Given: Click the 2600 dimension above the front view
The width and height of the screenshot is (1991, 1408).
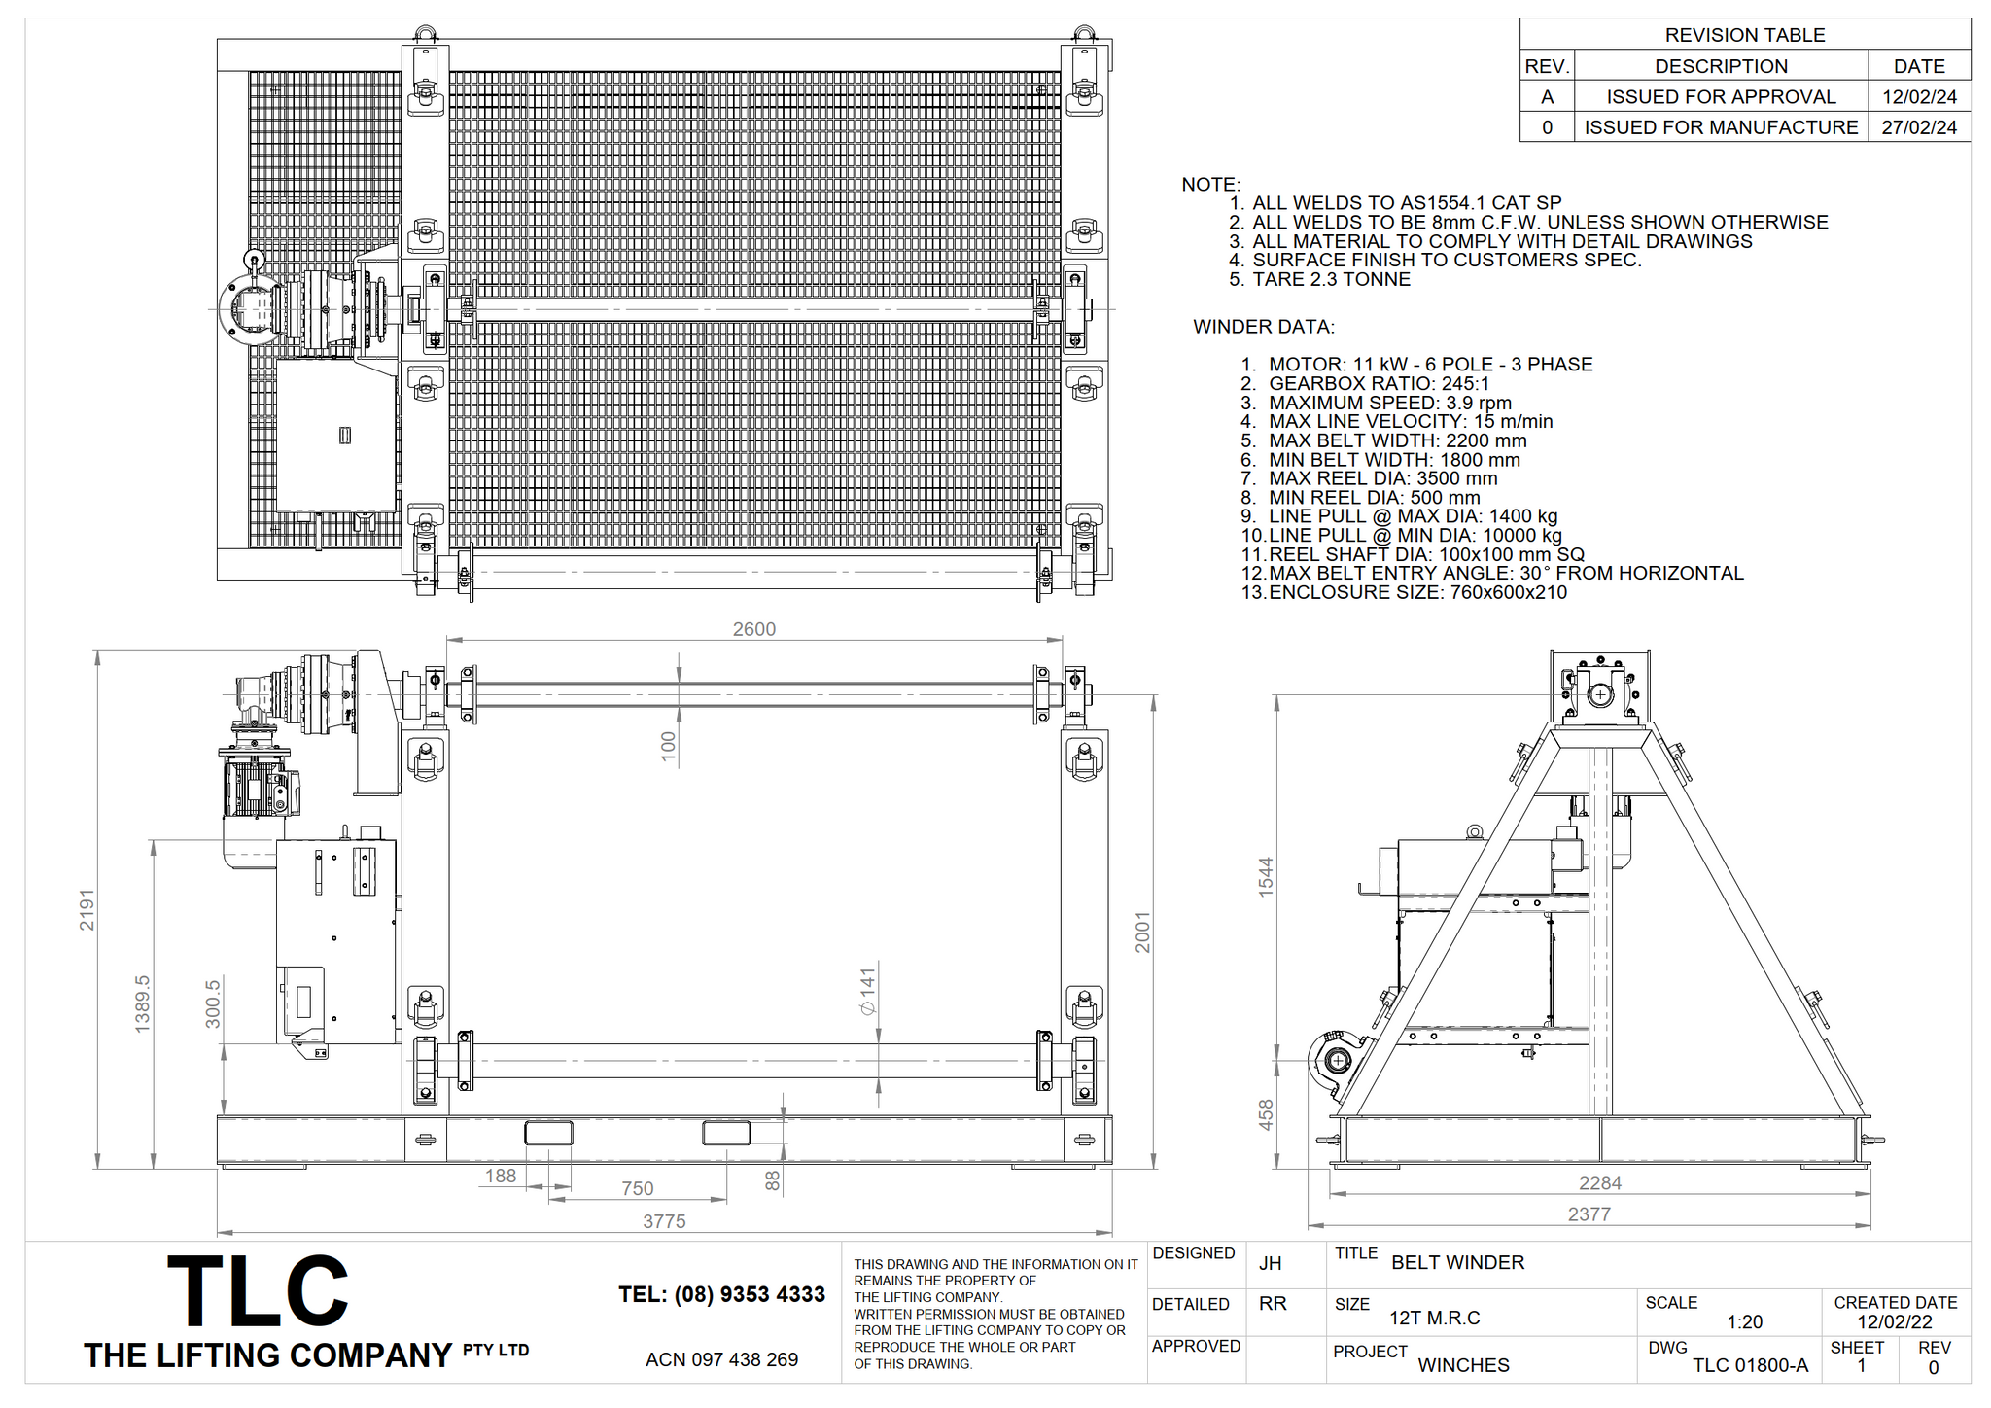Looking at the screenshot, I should pyautogui.click(x=753, y=629).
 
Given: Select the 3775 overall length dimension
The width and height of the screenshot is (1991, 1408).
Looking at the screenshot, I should pyautogui.click(x=664, y=1221).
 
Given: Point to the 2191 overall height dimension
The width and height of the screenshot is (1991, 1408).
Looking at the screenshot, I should pyautogui.click(x=87, y=909).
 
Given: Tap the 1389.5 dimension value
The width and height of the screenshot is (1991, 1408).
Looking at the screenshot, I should pyautogui.click(x=143, y=1003).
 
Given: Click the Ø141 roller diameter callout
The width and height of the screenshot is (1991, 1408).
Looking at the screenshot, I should pyautogui.click(x=867, y=992).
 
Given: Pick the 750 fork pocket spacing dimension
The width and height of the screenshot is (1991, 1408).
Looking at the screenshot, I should pyautogui.click(x=637, y=1188).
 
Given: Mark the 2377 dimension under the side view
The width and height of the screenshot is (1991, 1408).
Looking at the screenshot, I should pyautogui.click(x=1589, y=1214).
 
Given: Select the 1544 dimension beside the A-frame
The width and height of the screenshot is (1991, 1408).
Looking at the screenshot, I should pyautogui.click(x=1265, y=876).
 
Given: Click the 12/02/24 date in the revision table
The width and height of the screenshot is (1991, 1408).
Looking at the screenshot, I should pyautogui.click(x=1919, y=97).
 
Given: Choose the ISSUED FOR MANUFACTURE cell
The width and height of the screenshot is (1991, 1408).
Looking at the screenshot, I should pyautogui.click(x=1721, y=127).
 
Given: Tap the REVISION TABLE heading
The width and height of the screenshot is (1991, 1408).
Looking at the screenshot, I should pyautogui.click(x=1744, y=35).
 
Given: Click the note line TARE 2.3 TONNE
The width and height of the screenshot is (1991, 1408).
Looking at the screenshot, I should pyautogui.click(x=1331, y=279).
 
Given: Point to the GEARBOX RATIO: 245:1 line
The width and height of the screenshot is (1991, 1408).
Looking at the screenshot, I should pyautogui.click(x=1379, y=384).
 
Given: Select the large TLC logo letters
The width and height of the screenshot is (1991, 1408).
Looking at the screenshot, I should pyautogui.click(x=258, y=1291).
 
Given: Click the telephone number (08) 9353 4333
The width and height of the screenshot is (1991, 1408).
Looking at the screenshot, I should pyautogui.click(x=721, y=1294).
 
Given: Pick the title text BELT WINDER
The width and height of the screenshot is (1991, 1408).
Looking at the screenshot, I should pyautogui.click(x=1457, y=1262).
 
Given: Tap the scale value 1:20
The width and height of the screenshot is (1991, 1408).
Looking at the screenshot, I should pyautogui.click(x=1744, y=1322).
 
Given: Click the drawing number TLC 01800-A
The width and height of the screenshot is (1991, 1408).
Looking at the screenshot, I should pyautogui.click(x=1750, y=1365).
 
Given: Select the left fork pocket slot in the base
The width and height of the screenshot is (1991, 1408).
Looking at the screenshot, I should pyautogui.click(x=548, y=1133).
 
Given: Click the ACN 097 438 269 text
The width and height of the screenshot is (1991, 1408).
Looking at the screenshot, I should pyautogui.click(x=721, y=1359).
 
